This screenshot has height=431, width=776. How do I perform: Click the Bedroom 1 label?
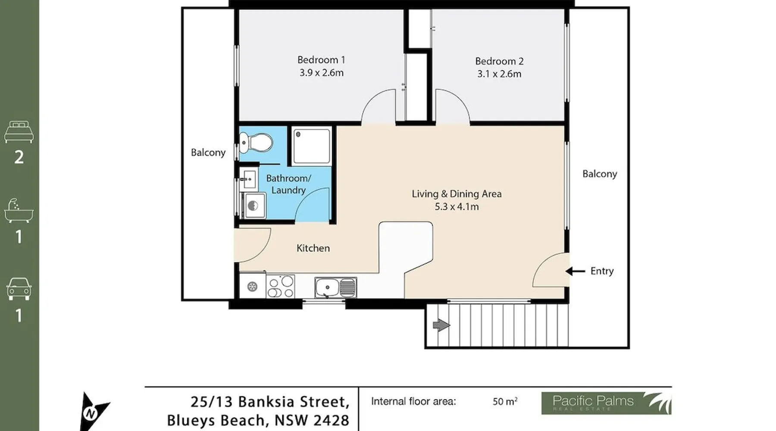pos(321,59)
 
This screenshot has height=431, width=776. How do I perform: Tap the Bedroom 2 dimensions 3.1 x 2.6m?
pos(499,74)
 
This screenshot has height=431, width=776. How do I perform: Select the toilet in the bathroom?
pos(256,143)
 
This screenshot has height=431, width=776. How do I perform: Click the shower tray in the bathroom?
pos(312,146)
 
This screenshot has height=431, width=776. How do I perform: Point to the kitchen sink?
pos(335,287)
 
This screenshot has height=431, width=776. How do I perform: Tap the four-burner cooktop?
pos(280,286)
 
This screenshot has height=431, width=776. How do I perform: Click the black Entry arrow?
pos(575,271)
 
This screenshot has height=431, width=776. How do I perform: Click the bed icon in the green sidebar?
pos(19,132)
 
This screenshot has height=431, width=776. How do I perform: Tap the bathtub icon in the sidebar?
pos(19,211)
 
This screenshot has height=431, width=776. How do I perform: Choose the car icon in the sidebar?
pos(19,289)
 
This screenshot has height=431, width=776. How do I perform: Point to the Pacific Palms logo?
pos(606,403)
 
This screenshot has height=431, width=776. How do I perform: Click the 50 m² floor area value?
pos(505,401)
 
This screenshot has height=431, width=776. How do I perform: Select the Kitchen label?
pos(313,248)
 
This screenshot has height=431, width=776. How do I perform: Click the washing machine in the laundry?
pos(253,206)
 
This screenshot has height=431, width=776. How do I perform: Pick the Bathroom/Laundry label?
pos(288,184)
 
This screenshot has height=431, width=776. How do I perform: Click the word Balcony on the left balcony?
pos(208,153)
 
